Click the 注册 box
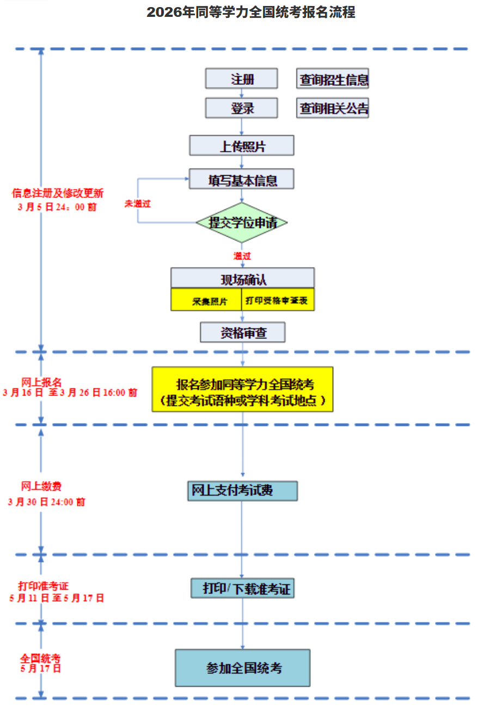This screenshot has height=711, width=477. [x=241, y=78]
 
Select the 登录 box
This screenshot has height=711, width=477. [x=241, y=108]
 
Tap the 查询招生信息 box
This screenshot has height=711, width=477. [x=333, y=79]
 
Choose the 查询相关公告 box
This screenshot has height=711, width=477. [x=333, y=108]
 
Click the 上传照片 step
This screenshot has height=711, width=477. [x=242, y=145]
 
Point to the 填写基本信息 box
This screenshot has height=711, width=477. [x=242, y=179]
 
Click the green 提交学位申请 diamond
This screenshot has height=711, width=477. [x=242, y=222]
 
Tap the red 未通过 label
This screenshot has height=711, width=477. [x=137, y=203]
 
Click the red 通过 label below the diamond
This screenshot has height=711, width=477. [x=242, y=255]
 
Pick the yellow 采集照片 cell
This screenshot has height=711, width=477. [x=206, y=300]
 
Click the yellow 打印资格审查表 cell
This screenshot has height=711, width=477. [x=278, y=300]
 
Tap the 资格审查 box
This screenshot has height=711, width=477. [x=243, y=332]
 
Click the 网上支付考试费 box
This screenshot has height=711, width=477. [x=242, y=491]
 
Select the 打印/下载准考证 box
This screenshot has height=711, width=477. [x=242, y=588]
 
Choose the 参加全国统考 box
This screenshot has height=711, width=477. [x=242, y=667]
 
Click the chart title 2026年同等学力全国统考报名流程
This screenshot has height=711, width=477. [x=250, y=12]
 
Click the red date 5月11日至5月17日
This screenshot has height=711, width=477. [x=57, y=598]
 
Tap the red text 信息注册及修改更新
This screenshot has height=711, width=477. [x=58, y=193]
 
